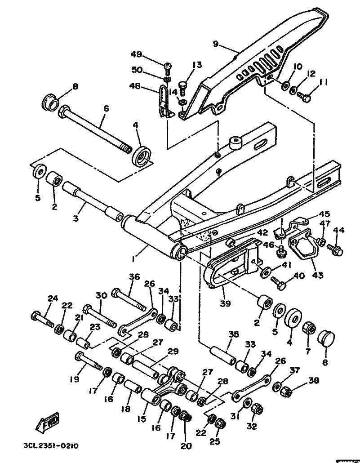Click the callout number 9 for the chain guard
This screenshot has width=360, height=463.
click(216, 45)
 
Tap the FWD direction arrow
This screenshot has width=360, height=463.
click(47, 423)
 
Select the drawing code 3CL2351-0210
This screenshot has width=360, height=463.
click(51, 445)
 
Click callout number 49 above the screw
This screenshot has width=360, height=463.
click(136, 55)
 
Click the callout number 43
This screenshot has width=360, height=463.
click(317, 275)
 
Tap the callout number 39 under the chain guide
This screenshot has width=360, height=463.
click(225, 303)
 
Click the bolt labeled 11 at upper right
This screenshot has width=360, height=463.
click(304, 97)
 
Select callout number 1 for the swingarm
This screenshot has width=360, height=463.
click(134, 259)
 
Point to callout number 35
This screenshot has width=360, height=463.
click(233, 334)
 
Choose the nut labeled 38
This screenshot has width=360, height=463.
click(286, 392)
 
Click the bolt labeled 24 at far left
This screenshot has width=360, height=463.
click(42, 320)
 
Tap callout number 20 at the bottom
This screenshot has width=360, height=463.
click(186, 446)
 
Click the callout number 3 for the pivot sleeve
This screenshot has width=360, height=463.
click(76, 219)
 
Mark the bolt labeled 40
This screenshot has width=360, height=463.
click(279, 283)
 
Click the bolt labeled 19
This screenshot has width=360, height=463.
click(89, 361)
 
